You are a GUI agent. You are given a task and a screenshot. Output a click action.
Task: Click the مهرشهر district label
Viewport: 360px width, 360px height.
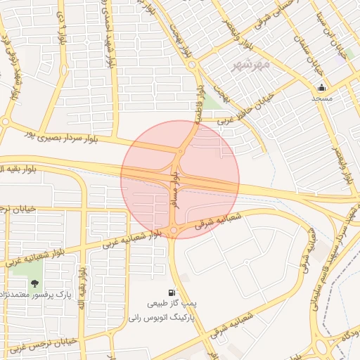click(250, 65)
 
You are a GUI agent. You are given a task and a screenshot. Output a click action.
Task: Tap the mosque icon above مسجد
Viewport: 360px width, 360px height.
click(322, 88)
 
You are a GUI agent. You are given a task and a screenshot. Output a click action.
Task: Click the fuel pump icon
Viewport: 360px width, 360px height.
click(172, 292)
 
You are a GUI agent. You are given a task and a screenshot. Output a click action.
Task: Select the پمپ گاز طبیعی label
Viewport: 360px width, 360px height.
click(168, 304)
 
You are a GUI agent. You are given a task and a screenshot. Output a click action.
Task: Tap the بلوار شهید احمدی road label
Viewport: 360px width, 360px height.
click(111, 42)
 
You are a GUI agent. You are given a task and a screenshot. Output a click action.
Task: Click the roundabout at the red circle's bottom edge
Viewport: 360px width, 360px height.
click(173, 231)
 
